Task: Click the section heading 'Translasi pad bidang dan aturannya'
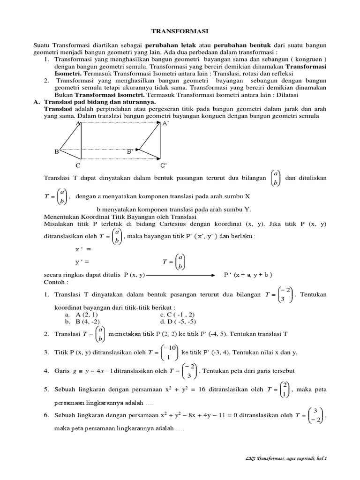pos(100,102)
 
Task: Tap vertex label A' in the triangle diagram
pos(165,124)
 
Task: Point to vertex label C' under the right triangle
pos(163,165)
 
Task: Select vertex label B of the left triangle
pos(56,151)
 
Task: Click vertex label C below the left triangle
pos(78,165)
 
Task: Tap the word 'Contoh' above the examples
pos(56,283)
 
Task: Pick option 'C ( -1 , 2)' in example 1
pos(178,315)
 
